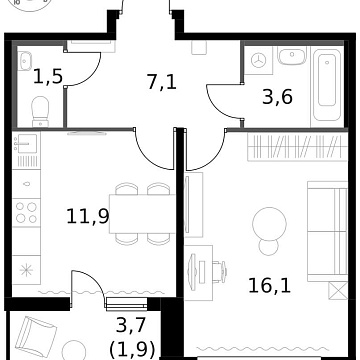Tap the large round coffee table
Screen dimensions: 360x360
[x=267, y=219]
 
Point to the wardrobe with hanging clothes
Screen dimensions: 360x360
[x=290, y=150]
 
